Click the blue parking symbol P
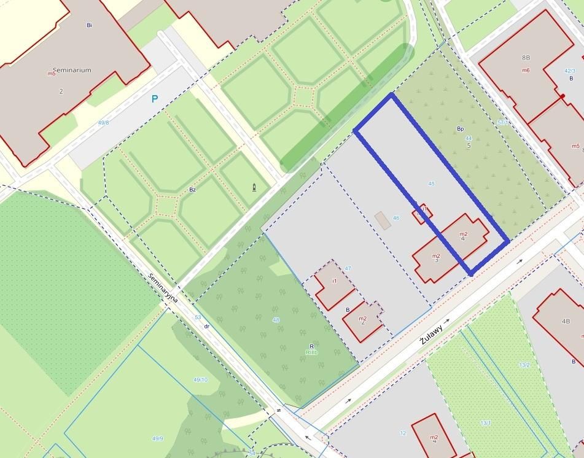pyautogui.click(x=155, y=99)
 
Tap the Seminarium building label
pyautogui.click(x=72, y=70)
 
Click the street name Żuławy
pyautogui.click(x=432, y=330)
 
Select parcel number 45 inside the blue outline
pyautogui.click(x=431, y=184)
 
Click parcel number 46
pyautogui.click(x=396, y=218)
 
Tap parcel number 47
pyautogui.click(x=348, y=268)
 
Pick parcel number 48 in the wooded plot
pyautogui.click(x=276, y=320)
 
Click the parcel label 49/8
pyautogui.click(x=103, y=123)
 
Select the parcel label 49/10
pyautogui.click(x=200, y=380)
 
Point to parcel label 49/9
pyautogui.click(x=158, y=438)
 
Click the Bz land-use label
pyautogui.click(x=192, y=190)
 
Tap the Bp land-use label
pyautogui.click(x=460, y=129)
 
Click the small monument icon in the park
pyautogui.click(x=254, y=187)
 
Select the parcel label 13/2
pyautogui.click(x=524, y=365)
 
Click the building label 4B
pyautogui.click(x=566, y=321)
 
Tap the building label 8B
pyautogui.click(x=526, y=58)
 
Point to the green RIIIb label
pyautogui.click(x=311, y=353)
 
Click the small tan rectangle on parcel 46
pyautogui.click(x=382, y=220)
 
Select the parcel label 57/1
pyautogui.click(x=502, y=123)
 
